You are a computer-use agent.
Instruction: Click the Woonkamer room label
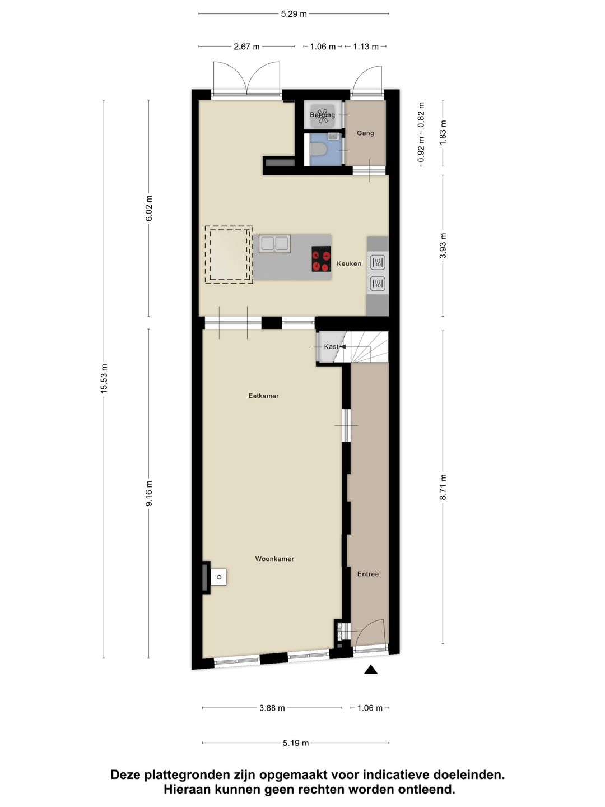[x=274, y=559]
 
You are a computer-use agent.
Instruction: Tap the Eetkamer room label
[x=263, y=396]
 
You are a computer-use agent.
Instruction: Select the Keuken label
[x=349, y=263]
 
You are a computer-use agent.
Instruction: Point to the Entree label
[x=368, y=574]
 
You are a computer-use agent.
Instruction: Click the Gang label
[x=365, y=133]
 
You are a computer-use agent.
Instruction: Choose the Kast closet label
[x=331, y=347]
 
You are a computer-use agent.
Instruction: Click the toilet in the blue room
[x=319, y=150]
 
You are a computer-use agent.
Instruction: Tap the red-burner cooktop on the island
[x=321, y=259]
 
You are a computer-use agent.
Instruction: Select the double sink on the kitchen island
[x=274, y=244]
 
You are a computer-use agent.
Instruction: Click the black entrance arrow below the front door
[x=370, y=670]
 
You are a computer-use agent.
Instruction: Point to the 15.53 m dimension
[x=104, y=379]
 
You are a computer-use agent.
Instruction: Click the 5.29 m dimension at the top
[x=294, y=14]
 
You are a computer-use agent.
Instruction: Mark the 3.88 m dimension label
[x=272, y=708]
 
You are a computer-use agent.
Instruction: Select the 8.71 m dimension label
[x=443, y=487]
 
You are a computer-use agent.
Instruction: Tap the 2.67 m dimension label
[x=246, y=47]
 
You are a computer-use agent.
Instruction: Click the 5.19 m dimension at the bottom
[x=295, y=743]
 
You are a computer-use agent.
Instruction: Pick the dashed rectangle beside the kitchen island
[x=229, y=255]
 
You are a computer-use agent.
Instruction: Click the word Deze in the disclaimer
[x=125, y=775]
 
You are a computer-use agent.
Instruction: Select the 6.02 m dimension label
[x=149, y=208]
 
